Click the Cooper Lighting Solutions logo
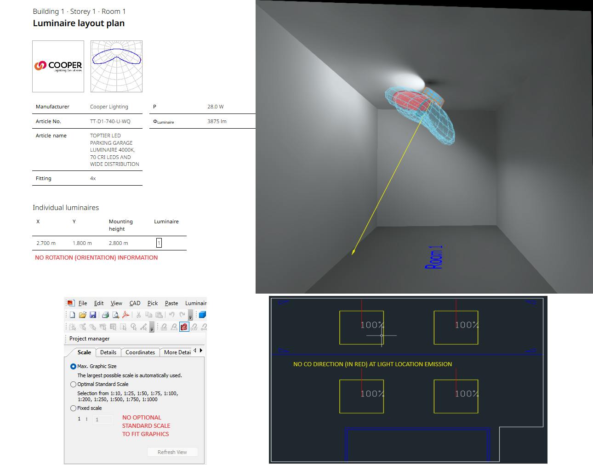58,66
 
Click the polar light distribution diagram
116,66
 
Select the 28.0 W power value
215,107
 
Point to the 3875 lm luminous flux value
217,121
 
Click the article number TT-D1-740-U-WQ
110,121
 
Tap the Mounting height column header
120,225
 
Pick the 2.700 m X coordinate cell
46,243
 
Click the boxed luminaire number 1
159,243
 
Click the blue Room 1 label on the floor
433,257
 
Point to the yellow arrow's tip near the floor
352,254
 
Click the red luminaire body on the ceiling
411,100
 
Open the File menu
83,303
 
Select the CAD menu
135,303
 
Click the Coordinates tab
140,352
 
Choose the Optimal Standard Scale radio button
73,384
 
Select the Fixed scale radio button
73,408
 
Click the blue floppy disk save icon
93,315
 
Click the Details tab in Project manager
108,352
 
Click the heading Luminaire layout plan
79,23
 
